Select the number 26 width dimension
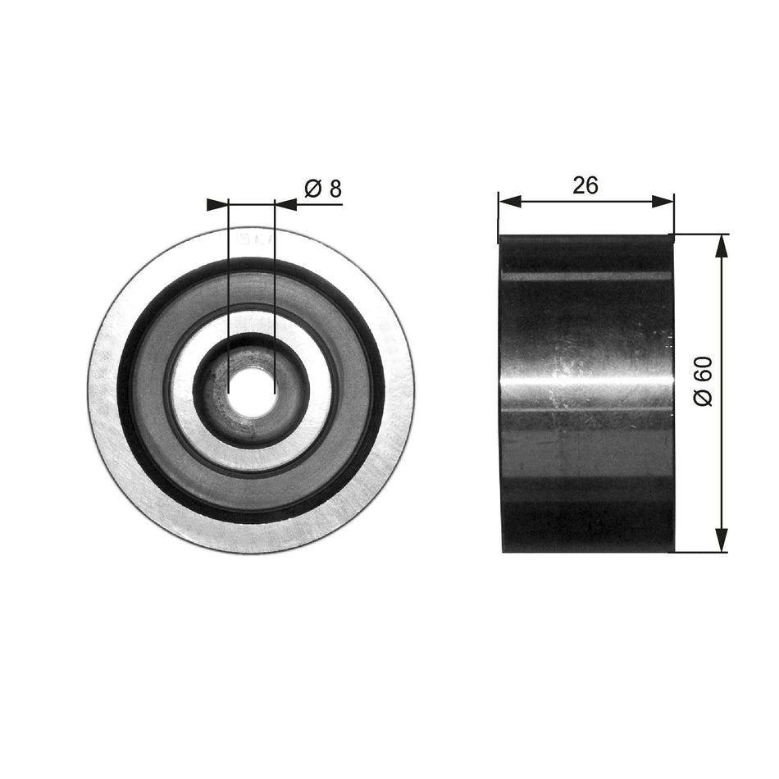click(585, 185)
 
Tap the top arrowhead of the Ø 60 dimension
click(721, 245)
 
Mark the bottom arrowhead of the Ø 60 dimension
click(721, 541)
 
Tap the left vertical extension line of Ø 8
click(227, 287)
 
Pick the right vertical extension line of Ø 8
click(274, 287)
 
